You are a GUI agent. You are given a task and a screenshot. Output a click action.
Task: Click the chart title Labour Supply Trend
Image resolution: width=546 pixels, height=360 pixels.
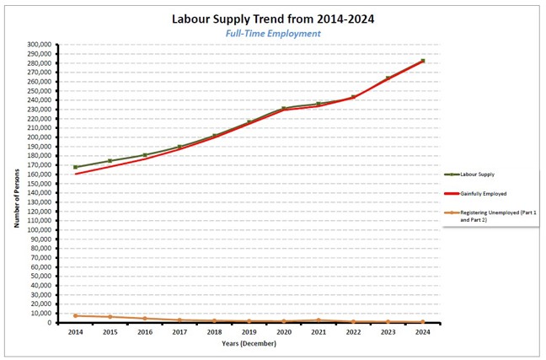point(273,18)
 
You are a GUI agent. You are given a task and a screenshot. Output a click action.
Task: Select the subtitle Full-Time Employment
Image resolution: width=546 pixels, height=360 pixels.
point(273,34)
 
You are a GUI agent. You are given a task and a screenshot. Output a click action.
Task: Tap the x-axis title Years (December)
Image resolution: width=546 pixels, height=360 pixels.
point(249,343)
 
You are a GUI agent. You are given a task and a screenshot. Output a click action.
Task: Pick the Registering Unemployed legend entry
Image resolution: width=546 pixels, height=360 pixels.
point(492,215)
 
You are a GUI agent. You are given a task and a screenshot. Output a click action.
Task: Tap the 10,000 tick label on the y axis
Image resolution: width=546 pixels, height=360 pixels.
point(38,314)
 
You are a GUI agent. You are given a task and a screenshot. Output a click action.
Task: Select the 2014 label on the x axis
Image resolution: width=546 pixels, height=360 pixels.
point(76,331)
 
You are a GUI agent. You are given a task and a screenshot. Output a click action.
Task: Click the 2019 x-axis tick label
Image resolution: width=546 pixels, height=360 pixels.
point(249,331)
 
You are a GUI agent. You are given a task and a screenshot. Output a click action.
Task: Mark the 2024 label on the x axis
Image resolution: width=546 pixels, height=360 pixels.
point(423,331)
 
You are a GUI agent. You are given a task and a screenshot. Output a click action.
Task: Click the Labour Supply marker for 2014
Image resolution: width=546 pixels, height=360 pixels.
point(76,167)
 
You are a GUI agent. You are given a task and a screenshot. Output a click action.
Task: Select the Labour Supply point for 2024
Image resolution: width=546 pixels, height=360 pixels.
point(423,61)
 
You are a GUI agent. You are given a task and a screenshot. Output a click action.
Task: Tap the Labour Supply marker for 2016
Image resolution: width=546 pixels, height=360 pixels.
point(145,155)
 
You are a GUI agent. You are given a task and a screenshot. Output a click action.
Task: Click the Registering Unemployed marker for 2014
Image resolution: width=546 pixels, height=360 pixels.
point(76,315)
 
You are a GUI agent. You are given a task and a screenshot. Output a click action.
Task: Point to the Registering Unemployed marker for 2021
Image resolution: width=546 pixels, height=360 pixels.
point(318,320)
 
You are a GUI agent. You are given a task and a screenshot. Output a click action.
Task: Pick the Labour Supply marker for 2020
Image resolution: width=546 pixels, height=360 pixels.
point(284,109)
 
